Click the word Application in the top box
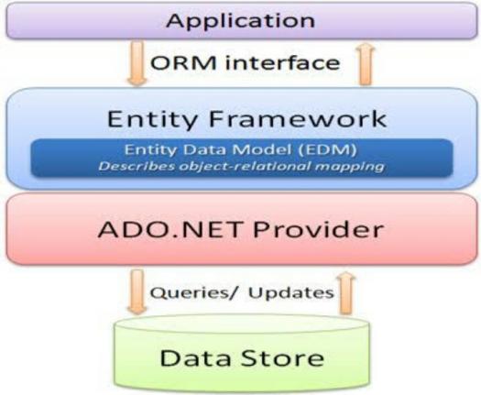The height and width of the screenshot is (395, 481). coord(240,21)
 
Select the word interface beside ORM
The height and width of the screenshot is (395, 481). coord(283,62)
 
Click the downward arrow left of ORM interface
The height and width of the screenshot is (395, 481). coord(137,63)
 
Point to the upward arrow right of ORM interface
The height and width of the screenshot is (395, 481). coord(365,64)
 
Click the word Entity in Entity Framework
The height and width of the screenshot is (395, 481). coord(152,119)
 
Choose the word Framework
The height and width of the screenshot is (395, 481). coord(298,119)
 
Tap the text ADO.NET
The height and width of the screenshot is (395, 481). coord(169,229)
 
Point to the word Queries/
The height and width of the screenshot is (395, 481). coord(193,292)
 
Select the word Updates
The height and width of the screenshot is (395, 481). coord(290,292)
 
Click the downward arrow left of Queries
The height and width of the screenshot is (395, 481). coord(137,291)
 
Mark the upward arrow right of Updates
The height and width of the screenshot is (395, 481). coord(346,293)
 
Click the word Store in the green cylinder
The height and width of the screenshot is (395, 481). coord(282,357)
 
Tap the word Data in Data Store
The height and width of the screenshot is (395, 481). coord(195,357)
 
